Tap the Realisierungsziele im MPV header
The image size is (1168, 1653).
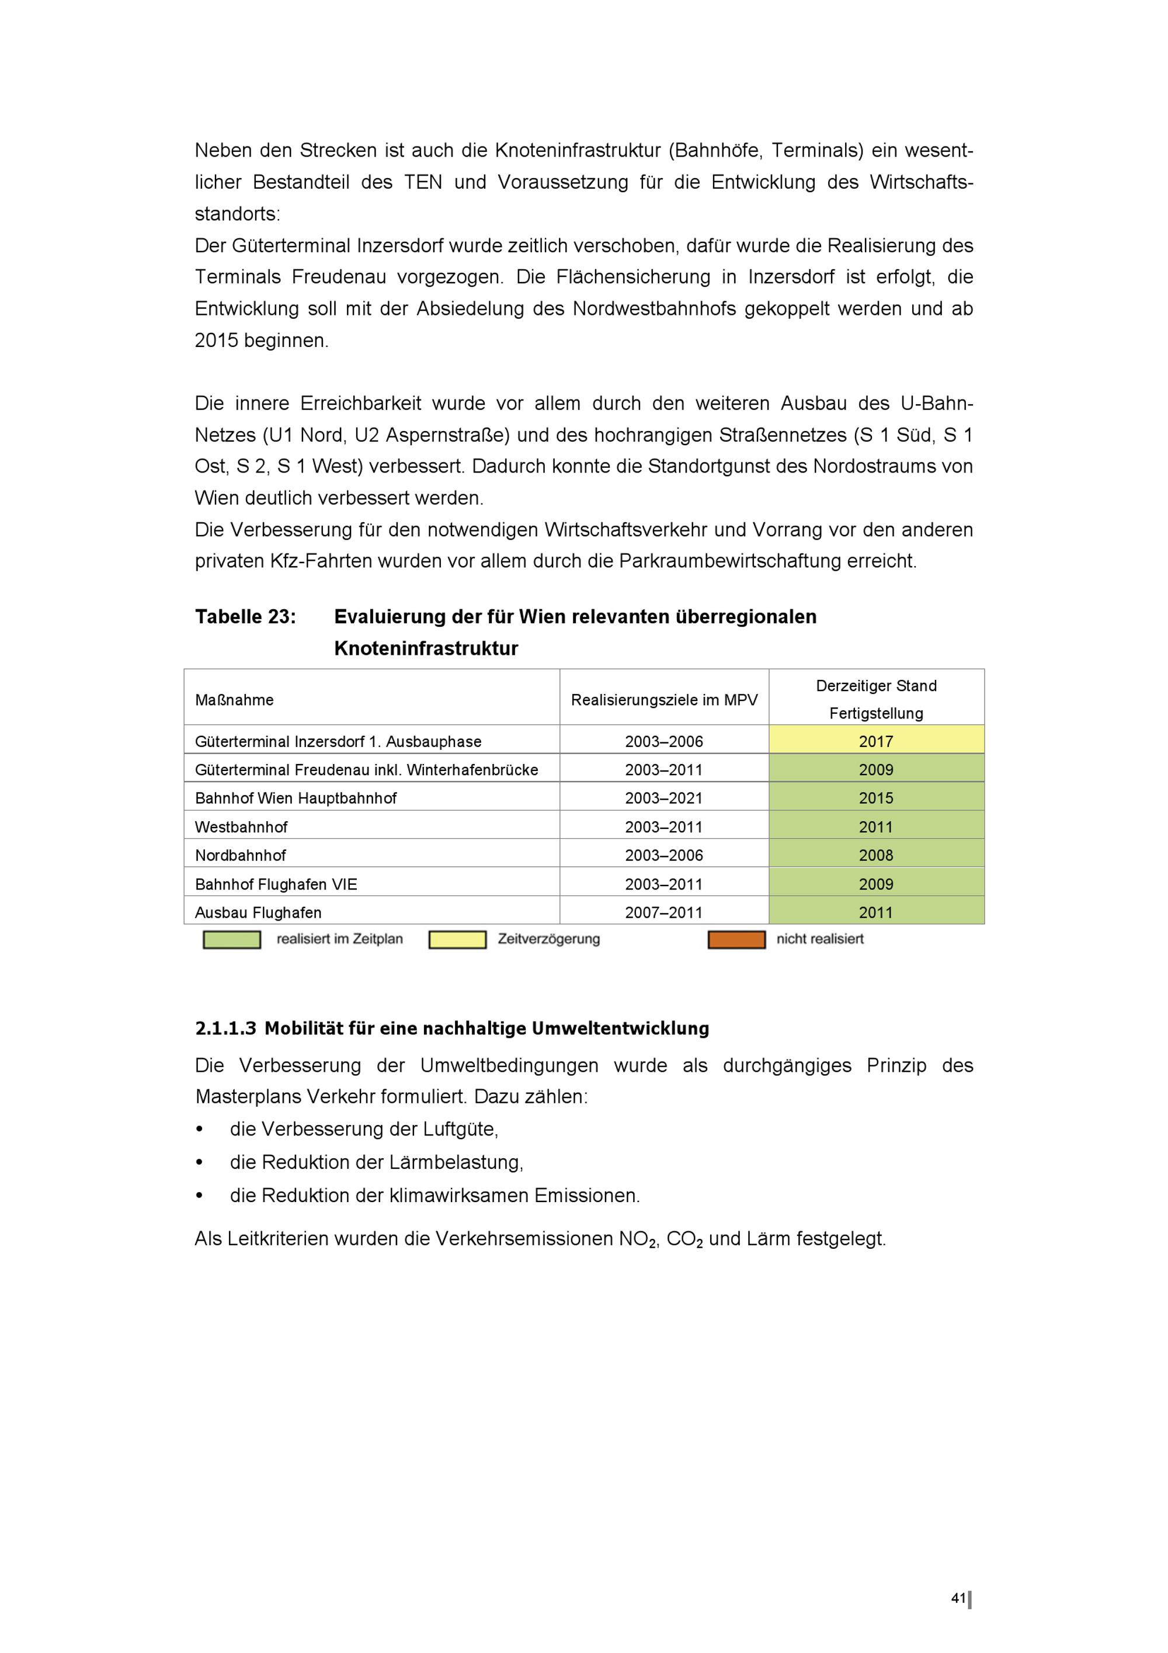(663, 700)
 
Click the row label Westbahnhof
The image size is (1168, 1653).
(241, 826)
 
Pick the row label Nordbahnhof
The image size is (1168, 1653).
(241, 855)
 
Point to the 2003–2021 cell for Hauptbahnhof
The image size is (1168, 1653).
(663, 798)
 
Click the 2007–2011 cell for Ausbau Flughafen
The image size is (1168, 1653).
(663, 912)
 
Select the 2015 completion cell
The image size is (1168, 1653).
(876, 798)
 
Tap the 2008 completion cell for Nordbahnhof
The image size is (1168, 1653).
(876, 855)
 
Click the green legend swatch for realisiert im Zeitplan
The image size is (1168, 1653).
(232, 940)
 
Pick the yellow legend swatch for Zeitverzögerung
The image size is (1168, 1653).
(457, 940)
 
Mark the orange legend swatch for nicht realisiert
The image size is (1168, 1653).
(736, 940)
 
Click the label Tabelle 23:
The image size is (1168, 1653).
(245, 617)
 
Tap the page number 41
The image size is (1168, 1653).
(958, 1598)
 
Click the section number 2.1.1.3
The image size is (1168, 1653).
(225, 1029)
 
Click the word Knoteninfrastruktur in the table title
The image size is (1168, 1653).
(426, 649)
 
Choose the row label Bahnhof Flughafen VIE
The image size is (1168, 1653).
(276, 884)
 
